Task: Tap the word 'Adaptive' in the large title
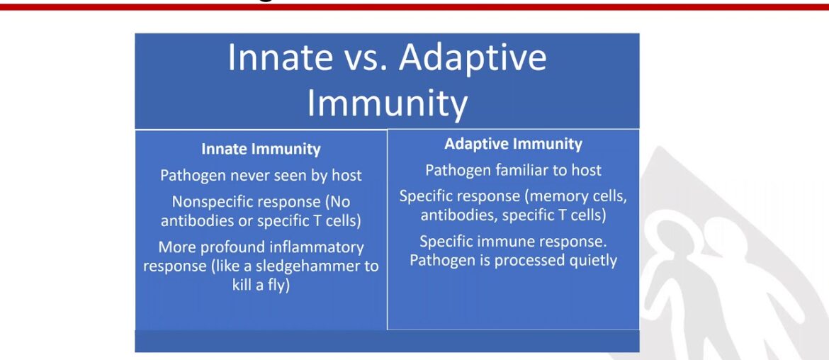click(x=473, y=58)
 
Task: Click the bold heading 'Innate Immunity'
click(x=261, y=150)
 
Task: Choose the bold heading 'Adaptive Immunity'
click(x=513, y=144)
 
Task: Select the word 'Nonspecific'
click(x=213, y=201)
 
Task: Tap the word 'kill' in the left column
click(x=244, y=287)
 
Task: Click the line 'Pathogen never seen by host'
click(x=261, y=175)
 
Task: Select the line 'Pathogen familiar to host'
click(x=513, y=170)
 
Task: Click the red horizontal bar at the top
click(x=414, y=6)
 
